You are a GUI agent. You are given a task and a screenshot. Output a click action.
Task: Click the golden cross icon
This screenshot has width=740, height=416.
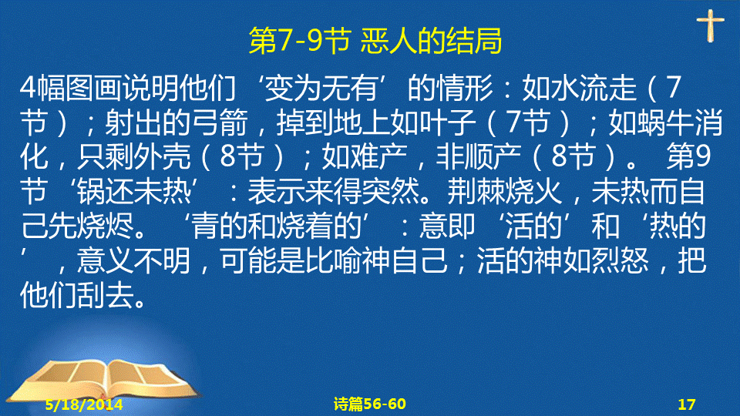pyautogui.click(x=710, y=26)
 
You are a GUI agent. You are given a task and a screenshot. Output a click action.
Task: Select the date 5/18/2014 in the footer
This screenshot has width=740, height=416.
pyautogui.click(x=84, y=404)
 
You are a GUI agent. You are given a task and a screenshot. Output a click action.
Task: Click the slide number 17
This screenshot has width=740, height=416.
pyautogui.click(x=687, y=404)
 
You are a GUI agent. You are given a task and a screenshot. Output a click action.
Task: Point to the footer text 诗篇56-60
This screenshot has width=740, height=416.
pyautogui.click(x=369, y=404)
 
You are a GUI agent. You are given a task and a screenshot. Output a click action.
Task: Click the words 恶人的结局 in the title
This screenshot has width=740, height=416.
pyautogui.click(x=431, y=41)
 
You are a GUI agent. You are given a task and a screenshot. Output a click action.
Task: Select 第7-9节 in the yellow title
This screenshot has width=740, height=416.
pyautogui.click(x=299, y=41)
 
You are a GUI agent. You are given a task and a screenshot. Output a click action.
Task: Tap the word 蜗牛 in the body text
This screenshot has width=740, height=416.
pyautogui.click(x=665, y=122)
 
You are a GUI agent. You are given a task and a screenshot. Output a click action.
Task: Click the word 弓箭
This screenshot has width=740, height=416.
pyautogui.click(x=220, y=122)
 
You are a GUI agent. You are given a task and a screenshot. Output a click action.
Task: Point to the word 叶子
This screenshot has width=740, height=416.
pyautogui.click(x=447, y=122)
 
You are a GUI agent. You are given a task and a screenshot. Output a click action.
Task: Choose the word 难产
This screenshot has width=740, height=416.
pyautogui.click(x=378, y=157)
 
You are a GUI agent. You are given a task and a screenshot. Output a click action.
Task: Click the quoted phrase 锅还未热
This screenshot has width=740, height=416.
pyautogui.click(x=134, y=192)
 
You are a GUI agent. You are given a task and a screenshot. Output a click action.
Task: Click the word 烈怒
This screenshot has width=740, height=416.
pyautogui.click(x=621, y=260)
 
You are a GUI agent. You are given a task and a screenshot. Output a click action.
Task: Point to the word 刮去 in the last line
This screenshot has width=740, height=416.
pyautogui.click(x=106, y=295)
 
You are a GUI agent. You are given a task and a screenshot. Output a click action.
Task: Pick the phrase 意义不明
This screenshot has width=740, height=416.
pyautogui.click(x=134, y=260)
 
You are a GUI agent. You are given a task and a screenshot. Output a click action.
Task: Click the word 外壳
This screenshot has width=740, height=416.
pyautogui.click(x=163, y=157)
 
